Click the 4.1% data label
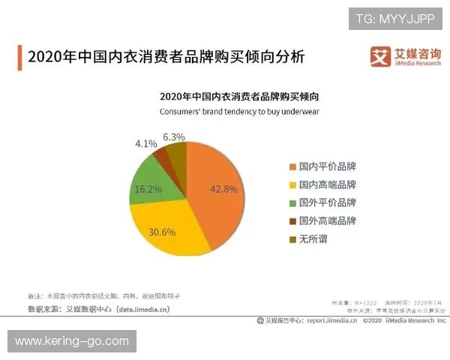pos(145,142)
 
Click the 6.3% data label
pos(174,136)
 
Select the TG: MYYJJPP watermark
pos(395,18)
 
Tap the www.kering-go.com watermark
pos(72,341)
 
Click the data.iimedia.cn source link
pos(143,308)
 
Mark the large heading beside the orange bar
pos(166,57)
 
